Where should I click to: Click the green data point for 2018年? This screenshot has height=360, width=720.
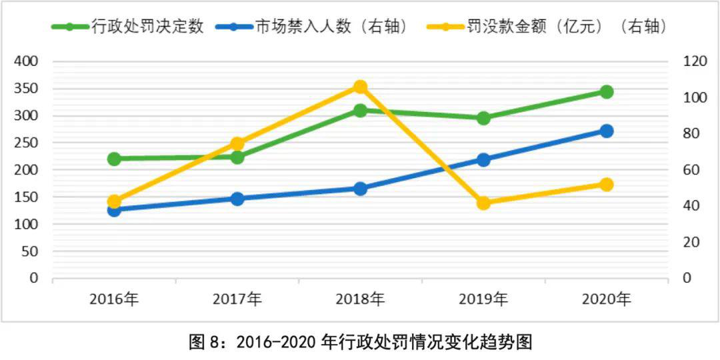(360, 110)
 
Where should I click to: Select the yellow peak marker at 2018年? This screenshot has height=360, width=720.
(360, 87)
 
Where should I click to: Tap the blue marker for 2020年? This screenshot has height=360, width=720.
(606, 131)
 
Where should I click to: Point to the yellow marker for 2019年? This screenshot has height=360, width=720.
(483, 203)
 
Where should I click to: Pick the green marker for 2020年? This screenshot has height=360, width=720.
(606, 91)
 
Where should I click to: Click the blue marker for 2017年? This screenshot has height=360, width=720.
(237, 199)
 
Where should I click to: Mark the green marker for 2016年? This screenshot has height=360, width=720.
(114, 159)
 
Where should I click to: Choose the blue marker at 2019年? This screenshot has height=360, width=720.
(483, 159)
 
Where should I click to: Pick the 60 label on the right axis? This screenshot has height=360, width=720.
(691, 170)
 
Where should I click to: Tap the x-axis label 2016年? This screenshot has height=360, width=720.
(114, 299)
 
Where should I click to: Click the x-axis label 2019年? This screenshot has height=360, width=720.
(483, 299)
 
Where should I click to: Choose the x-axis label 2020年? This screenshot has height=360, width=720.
(606, 299)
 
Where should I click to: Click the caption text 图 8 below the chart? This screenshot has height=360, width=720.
(200, 343)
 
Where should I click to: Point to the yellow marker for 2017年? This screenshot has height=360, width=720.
(237, 144)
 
